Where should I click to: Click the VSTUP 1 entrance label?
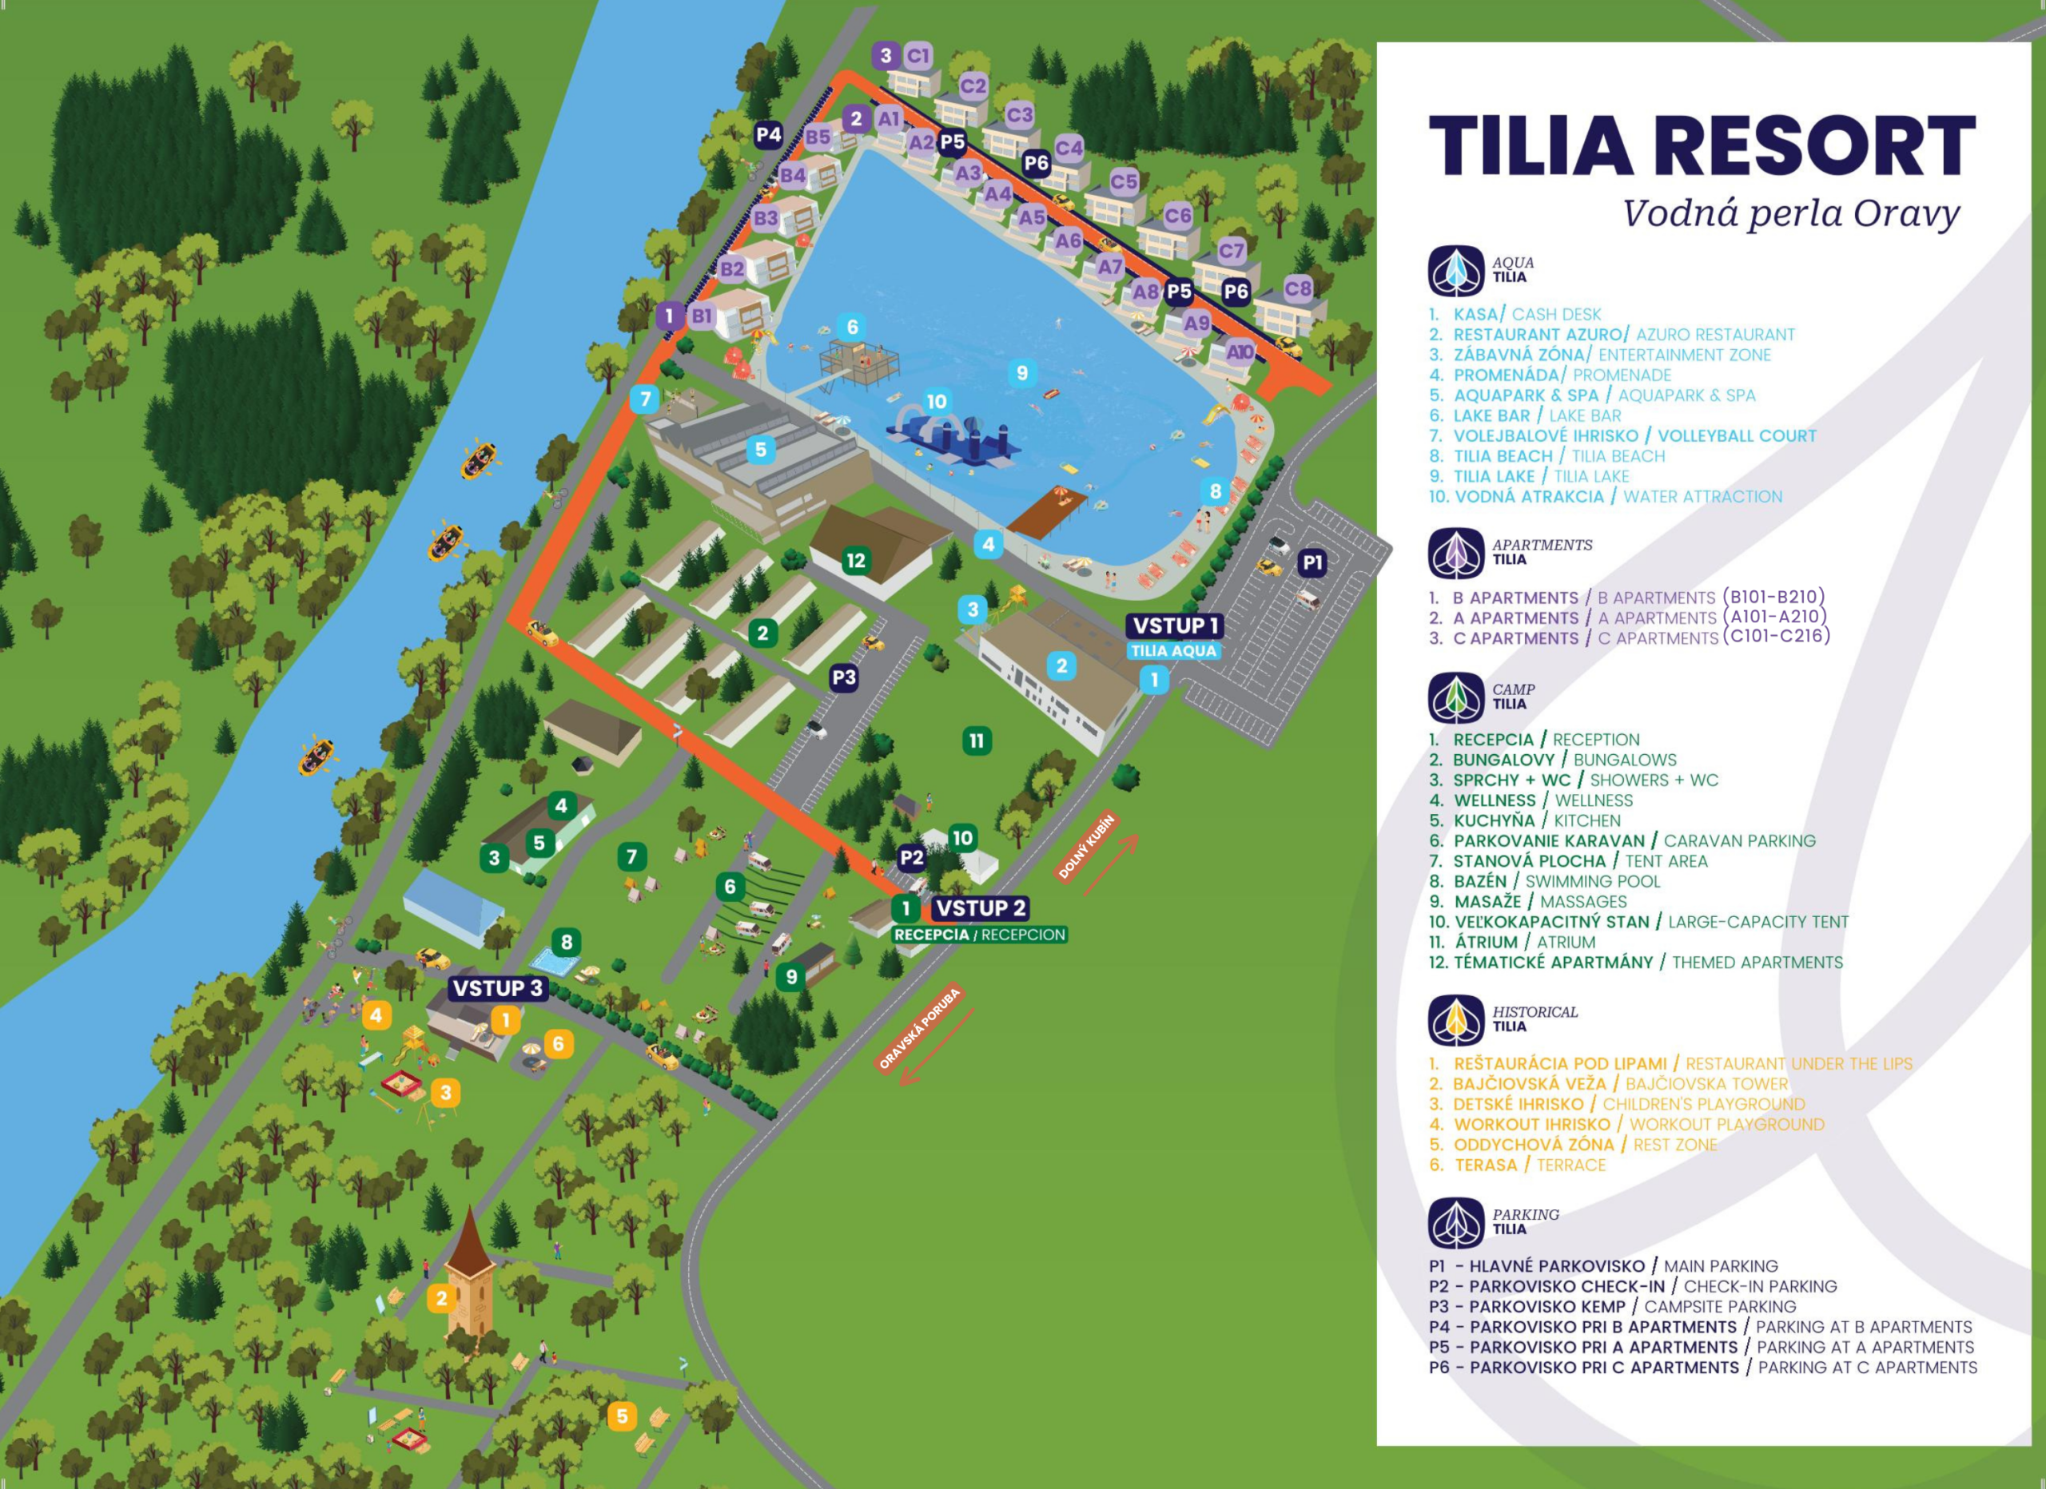1175,625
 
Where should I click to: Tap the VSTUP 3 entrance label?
497,988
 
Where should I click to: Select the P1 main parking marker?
1312,563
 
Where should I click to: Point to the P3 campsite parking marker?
843,677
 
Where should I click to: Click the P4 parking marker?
768,135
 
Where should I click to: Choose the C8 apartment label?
1297,288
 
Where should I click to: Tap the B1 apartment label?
701,316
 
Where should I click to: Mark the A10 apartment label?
1240,351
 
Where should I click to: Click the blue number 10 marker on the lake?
937,401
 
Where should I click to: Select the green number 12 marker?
855,560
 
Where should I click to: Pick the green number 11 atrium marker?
976,741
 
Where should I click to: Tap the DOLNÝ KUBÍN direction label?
1086,846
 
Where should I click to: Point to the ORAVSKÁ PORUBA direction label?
920,1029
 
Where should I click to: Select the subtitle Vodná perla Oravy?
1791,214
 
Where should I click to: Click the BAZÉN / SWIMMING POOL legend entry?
1557,881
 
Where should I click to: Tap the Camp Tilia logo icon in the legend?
1455,697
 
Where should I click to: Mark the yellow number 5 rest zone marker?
621,1416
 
